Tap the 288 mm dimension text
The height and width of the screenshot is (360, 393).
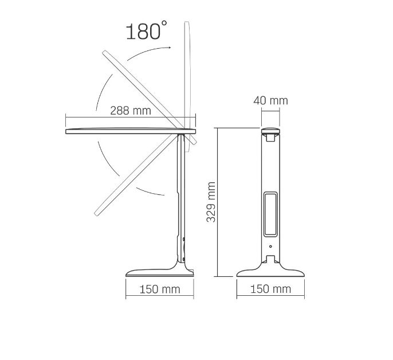pos(131,111)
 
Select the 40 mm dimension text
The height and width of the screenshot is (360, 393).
pos(270,100)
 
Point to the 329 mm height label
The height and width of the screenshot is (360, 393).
pos(211,202)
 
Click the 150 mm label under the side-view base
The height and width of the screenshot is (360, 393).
pos(160,289)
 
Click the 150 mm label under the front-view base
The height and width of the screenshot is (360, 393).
pos(270,289)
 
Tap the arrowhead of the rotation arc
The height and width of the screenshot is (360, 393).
pos(170,47)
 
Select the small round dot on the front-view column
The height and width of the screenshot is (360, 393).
pos(270,246)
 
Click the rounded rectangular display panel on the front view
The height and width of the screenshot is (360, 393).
pos(270,214)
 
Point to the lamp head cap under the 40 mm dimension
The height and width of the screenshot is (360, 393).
pos(270,131)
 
